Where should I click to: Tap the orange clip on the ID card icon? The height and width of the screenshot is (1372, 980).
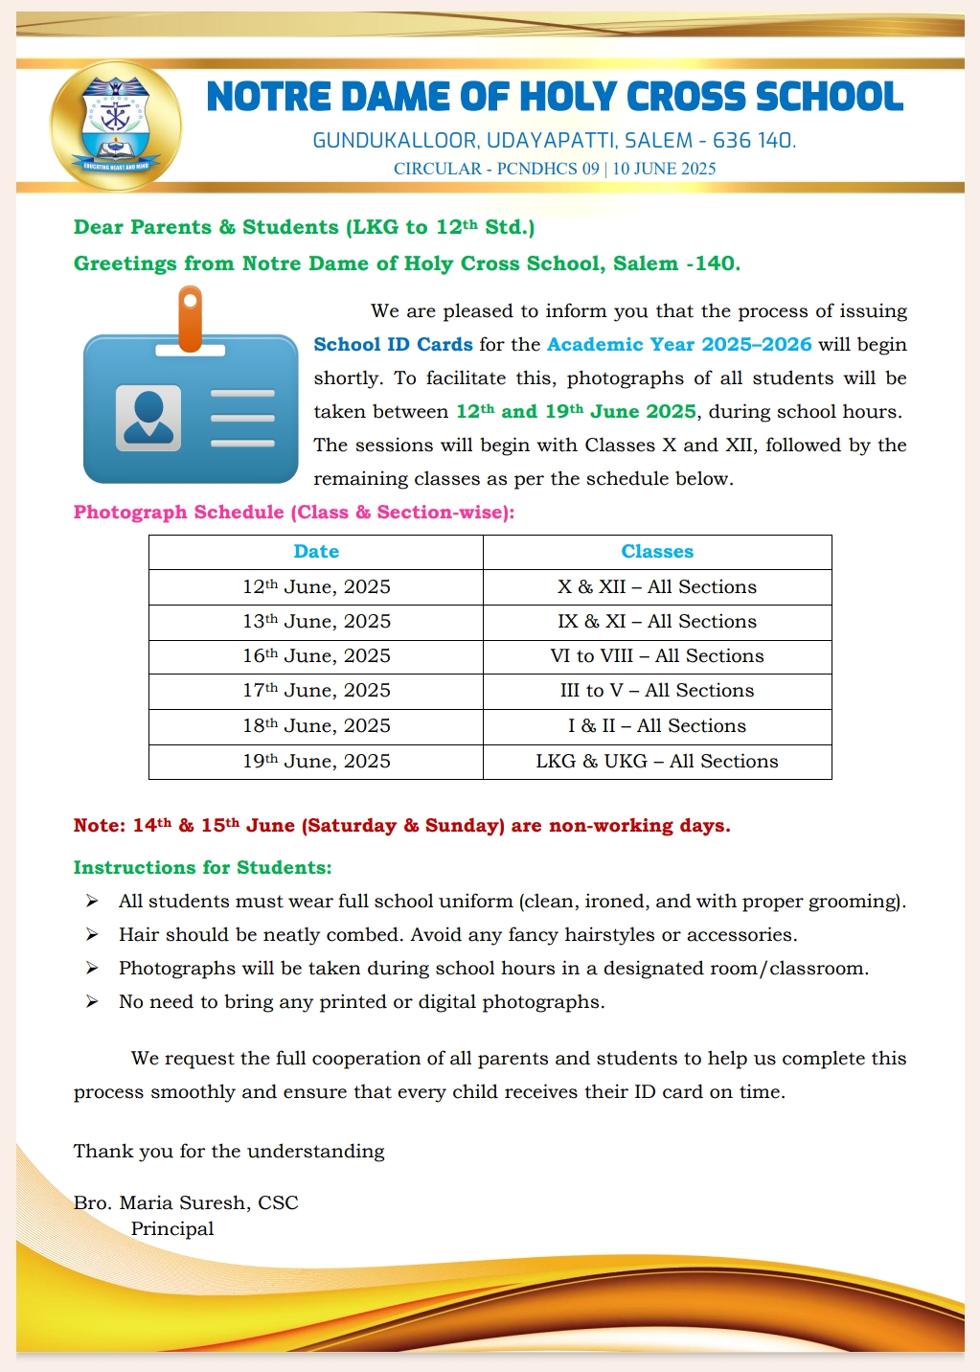[191, 319]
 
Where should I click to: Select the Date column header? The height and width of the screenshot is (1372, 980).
[316, 552]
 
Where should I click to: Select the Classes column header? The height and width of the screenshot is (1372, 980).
[657, 552]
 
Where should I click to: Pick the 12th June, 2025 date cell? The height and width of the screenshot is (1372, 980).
[316, 587]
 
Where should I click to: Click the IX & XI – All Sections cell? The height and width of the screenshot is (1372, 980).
[657, 622]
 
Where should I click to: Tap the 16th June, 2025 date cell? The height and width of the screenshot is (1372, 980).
[316, 656]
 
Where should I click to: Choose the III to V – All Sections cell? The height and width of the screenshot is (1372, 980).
[657, 691]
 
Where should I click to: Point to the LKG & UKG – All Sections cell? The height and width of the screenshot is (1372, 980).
[657, 762]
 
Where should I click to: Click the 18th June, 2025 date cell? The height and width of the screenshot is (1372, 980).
[316, 726]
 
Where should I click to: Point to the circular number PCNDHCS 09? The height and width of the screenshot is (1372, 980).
[548, 169]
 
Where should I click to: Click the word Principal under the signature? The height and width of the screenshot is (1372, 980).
[172, 1229]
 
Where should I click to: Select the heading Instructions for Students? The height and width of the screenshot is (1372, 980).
[202, 868]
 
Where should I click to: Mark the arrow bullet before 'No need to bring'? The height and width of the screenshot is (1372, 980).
[92, 1002]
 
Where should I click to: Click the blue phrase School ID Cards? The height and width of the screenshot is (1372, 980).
[393, 345]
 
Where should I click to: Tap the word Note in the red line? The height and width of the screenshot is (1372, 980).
[99, 826]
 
